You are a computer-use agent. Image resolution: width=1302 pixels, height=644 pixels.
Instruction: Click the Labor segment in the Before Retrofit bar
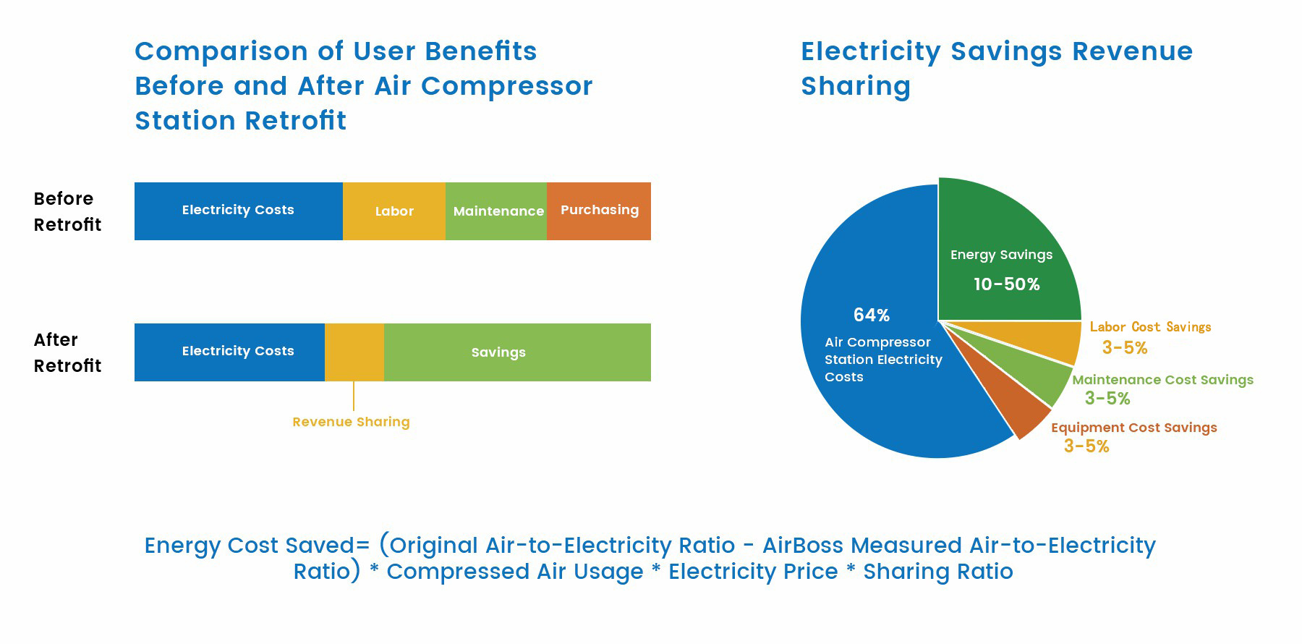click(x=394, y=211)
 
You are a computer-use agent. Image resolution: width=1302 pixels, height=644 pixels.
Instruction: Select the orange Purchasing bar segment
click(x=599, y=211)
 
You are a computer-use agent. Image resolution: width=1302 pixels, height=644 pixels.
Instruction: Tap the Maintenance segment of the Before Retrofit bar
click(x=496, y=211)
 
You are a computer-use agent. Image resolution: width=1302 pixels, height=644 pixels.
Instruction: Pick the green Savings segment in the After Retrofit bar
click(x=517, y=352)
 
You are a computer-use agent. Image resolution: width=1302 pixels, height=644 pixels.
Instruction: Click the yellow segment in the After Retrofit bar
click(x=354, y=352)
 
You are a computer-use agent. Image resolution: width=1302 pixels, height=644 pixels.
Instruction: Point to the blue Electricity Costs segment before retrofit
click(x=239, y=211)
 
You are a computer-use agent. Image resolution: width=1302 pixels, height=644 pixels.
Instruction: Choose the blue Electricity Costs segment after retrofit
click(x=229, y=352)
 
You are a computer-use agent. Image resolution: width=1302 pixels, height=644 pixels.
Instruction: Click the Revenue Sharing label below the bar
click(x=351, y=422)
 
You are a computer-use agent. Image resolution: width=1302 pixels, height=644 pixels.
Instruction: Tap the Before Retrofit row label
click(x=67, y=211)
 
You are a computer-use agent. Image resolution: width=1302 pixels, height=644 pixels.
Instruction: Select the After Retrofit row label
click(x=67, y=352)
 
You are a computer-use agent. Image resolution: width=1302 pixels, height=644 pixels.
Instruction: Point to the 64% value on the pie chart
click(x=871, y=315)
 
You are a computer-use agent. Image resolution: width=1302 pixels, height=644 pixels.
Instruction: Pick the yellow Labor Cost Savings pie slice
click(x=1049, y=340)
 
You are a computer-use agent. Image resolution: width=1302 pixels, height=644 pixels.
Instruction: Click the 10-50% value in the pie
click(x=1006, y=284)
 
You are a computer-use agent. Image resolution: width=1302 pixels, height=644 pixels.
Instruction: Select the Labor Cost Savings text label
click(x=1150, y=327)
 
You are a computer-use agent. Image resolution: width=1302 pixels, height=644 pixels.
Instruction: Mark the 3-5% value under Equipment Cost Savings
click(x=1086, y=446)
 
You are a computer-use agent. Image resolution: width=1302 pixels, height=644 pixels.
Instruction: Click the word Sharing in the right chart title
click(x=856, y=86)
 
